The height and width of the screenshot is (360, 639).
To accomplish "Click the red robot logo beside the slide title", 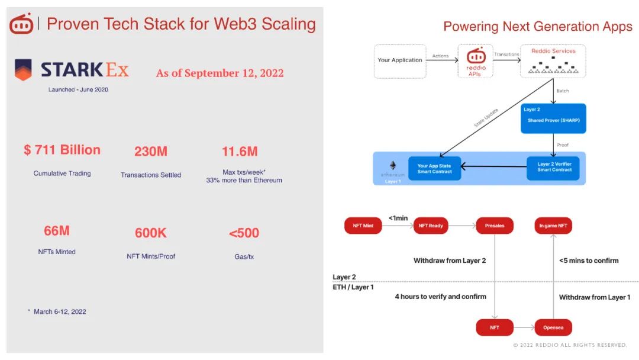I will (21, 24).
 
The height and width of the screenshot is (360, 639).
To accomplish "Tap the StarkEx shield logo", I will (23, 70).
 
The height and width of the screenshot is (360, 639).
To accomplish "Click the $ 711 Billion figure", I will (62, 150).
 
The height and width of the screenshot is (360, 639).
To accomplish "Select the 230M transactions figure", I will (151, 152).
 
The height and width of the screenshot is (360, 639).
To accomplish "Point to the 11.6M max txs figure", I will (240, 152).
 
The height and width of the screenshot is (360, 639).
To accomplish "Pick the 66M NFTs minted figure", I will (57, 231).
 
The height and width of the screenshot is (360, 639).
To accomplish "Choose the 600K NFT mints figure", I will (151, 233).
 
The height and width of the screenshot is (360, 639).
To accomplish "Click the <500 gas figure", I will (244, 233).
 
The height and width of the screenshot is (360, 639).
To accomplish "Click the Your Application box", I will (400, 61).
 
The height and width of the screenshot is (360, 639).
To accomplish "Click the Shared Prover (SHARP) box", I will (554, 118).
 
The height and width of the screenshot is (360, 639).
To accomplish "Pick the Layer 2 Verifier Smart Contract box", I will (554, 168).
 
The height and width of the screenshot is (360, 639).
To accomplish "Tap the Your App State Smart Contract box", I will (434, 168).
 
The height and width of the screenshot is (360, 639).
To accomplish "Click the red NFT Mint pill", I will (363, 226).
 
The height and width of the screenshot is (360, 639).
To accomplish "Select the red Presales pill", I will (495, 226).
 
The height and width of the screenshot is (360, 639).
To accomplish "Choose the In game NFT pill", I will (553, 226).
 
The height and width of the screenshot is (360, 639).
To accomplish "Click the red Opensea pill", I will (553, 327).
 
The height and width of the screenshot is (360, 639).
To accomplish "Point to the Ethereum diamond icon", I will (392, 165).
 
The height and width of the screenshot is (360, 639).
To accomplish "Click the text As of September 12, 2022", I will (220, 73).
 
